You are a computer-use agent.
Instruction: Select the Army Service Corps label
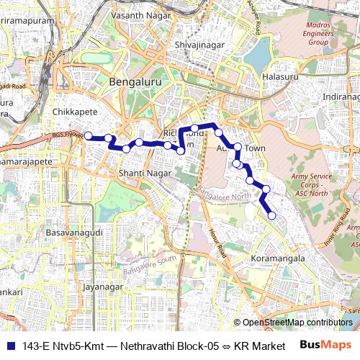pyautogui.click(x=309, y=184)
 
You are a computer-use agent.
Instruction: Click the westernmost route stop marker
pyautogui.click(x=88, y=135)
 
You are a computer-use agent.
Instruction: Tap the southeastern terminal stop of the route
pyautogui.click(x=272, y=215)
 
